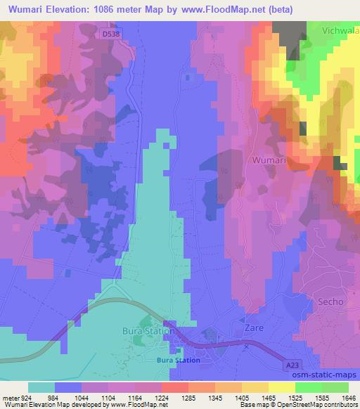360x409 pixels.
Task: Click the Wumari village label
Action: tap(266, 160)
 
